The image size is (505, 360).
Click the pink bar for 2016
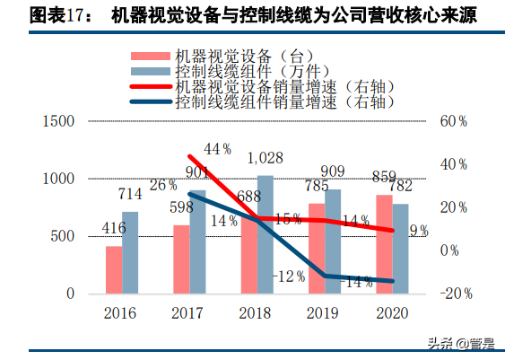[x=113, y=270]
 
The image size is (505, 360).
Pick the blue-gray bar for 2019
[x=333, y=241]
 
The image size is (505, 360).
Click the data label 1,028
[x=265, y=158]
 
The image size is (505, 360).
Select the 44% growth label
[x=218, y=148]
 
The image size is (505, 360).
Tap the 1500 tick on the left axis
[x=57, y=121]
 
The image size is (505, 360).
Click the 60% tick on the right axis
[x=452, y=121]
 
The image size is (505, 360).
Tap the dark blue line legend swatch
[x=149, y=102]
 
